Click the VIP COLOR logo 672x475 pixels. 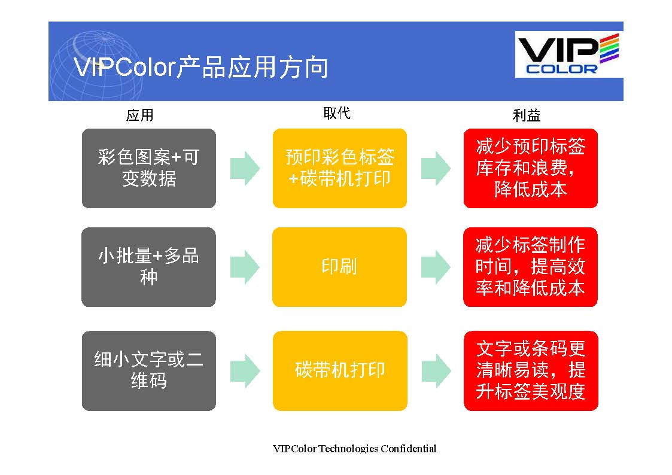[x=568, y=54]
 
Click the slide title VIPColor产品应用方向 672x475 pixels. [x=201, y=67]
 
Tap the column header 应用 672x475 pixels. [x=139, y=115]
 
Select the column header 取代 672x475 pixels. [x=337, y=113]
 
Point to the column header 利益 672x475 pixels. [x=526, y=115]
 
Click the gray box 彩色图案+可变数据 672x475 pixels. [x=149, y=168]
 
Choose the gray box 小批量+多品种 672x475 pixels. [x=149, y=267]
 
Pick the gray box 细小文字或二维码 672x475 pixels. [x=149, y=370]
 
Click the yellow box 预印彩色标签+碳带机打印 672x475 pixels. [x=340, y=168]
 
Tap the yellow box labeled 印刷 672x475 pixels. [x=339, y=267]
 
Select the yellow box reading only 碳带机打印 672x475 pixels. [x=340, y=370]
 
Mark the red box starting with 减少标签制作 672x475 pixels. [x=531, y=267]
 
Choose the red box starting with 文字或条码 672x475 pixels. [x=531, y=370]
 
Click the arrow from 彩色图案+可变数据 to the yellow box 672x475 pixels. [x=245, y=168]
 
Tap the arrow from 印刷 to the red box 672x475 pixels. [x=436, y=267]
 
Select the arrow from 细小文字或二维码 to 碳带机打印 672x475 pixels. [x=245, y=371]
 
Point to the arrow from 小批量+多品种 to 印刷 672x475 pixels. [x=245, y=267]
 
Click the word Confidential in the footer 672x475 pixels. [x=409, y=449]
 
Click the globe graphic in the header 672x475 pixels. [x=97, y=66]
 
